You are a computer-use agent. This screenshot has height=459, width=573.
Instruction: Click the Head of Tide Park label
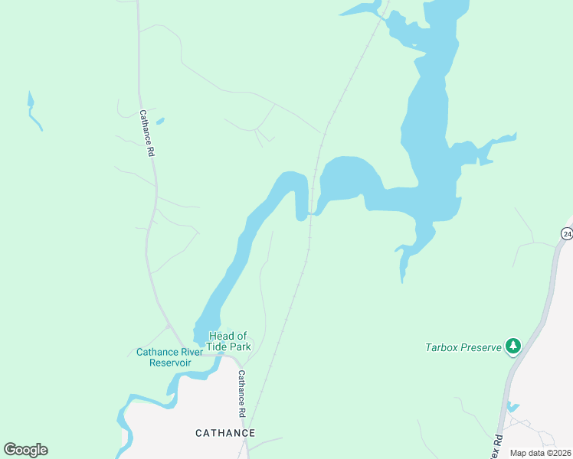[229, 341]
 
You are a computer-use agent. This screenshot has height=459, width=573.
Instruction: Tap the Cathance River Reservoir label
[170, 357]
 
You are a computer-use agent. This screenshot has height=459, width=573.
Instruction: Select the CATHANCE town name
[225, 433]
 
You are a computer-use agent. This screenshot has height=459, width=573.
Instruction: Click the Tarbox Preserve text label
[463, 347]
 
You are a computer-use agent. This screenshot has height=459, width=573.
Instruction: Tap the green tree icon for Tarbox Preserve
[513, 347]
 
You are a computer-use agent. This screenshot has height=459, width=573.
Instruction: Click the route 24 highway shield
[565, 234]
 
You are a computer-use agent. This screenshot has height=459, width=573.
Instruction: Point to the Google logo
[25, 450]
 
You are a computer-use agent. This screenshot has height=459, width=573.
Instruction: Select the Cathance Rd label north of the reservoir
[146, 134]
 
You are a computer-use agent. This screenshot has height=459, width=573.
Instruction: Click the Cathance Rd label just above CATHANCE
[241, 393]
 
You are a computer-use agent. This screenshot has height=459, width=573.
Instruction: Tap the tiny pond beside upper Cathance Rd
[160, 120]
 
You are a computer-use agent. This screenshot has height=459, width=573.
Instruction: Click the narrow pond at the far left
[34, 112]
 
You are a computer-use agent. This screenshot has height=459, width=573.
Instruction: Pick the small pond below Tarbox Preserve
[512, 407]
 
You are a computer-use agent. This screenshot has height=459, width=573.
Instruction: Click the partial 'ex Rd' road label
[496, 445]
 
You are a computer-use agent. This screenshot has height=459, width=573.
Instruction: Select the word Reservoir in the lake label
[170, 363]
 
